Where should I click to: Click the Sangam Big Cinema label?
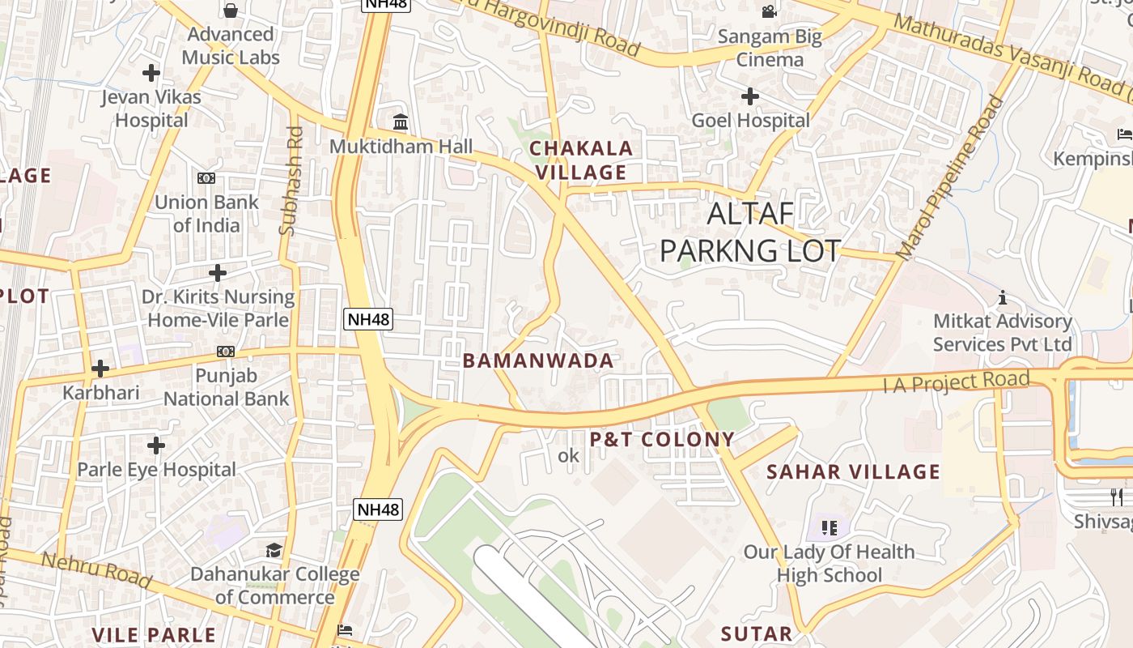[770, 48]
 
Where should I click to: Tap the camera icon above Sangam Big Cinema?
[769, 11]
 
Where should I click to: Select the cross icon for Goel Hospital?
[750, 97]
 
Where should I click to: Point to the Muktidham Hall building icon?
[400, 122]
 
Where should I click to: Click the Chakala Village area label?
[580, 160]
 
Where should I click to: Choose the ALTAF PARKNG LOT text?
[750, 232]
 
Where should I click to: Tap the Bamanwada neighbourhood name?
[538, 361]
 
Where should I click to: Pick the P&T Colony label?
[661, 440]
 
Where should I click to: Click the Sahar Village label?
[853, 471]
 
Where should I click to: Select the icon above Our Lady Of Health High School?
[829, 528]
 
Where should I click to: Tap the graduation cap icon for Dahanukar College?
[274, 551]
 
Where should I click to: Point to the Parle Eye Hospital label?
[156, 470]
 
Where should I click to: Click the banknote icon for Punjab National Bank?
[226, 352]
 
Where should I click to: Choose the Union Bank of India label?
[206, 213]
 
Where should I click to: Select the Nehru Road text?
[95, 569]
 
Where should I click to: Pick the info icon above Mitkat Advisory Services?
[1003, 298]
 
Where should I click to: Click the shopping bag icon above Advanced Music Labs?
[231, 11]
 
